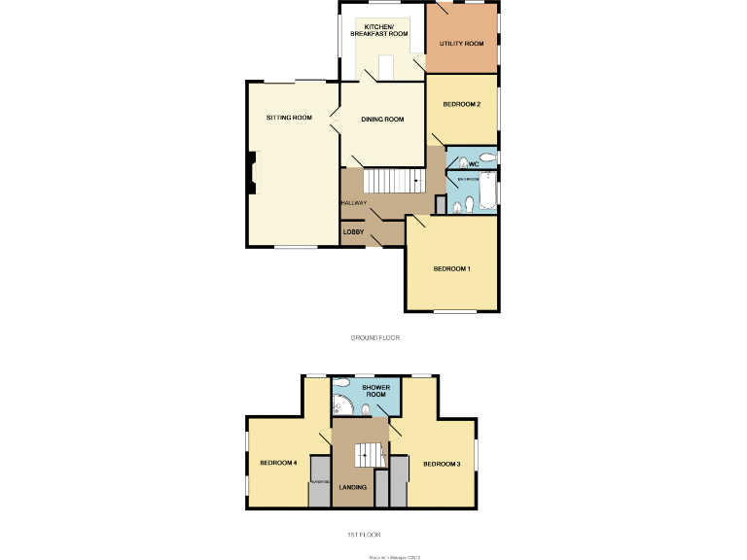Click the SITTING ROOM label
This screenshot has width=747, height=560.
click(289, 118)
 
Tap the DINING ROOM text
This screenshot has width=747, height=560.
click(382, 120)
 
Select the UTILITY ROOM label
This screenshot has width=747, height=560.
click(461, 44)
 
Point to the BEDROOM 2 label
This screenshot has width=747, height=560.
click(461, 104)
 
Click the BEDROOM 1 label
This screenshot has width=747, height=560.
click(452, 268)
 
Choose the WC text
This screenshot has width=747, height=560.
click(474, 164)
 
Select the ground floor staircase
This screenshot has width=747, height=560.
click(393, 181)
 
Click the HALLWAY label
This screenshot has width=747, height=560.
click(353, 203)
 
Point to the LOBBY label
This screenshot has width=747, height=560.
click(352, 232)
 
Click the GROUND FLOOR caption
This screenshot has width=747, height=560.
click(375, 337)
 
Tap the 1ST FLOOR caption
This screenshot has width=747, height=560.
click(364, 535)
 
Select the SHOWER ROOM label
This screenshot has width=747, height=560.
click(376, 392)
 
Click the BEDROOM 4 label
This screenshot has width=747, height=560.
click(278, 463)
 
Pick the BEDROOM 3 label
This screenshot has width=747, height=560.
click(442, 464)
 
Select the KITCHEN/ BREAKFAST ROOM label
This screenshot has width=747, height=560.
click(372, 30)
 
